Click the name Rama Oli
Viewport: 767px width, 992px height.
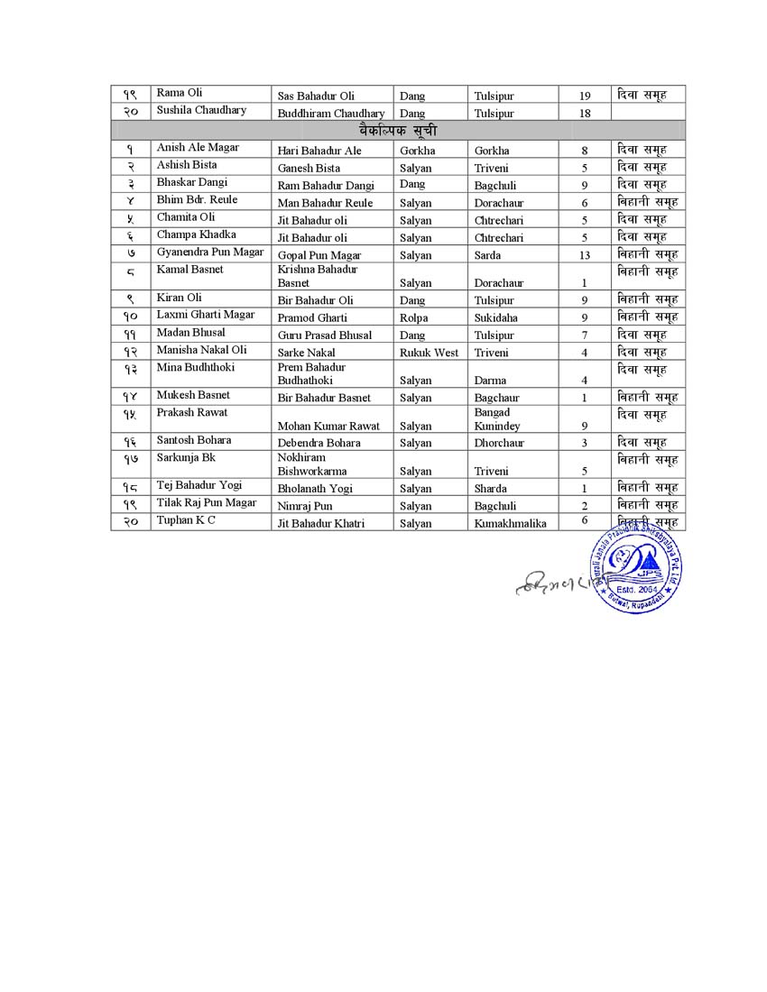click(x=180, y=93)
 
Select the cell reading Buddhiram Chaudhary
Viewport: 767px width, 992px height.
click(x=330, y=114)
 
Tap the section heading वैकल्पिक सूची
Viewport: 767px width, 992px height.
click(x=397, y=131)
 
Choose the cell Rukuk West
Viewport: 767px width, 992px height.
click(x=429, y=353)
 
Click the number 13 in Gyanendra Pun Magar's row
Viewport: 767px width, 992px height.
click(x=585, y=255)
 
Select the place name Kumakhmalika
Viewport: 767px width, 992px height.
click(x=510, y=523)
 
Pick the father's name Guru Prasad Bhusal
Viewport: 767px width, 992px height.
click(x=324, y=335)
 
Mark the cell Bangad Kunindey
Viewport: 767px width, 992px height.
click(x=496, y=419)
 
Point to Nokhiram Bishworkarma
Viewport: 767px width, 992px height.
click(x=311, y=464)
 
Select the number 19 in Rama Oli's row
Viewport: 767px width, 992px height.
click(x=585, y=96)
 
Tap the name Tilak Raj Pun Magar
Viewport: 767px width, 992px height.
click(x=207, y=503)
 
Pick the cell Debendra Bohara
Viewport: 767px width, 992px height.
click(x=319, y=443)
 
